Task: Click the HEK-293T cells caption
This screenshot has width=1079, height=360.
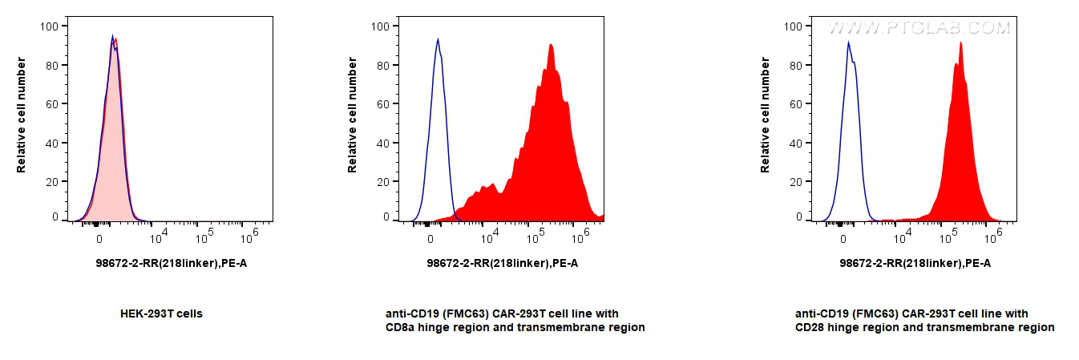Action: (160, 313)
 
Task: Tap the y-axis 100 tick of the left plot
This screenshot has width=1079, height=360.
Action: (49, 26)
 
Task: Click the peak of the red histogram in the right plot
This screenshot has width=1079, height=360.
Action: (960, 43)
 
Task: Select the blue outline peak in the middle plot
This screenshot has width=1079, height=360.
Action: (438, 39)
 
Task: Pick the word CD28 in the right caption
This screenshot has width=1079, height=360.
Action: (810, 327)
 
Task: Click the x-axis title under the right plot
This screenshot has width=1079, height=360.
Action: (915, 263)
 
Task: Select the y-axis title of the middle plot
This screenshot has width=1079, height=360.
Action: (353, 114)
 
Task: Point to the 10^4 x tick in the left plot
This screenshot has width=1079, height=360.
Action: (158, 233)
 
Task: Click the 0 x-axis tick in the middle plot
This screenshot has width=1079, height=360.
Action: (431, 238)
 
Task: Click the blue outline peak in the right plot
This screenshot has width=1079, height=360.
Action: (849, 42)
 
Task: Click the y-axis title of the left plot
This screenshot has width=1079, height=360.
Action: (21, 114)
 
